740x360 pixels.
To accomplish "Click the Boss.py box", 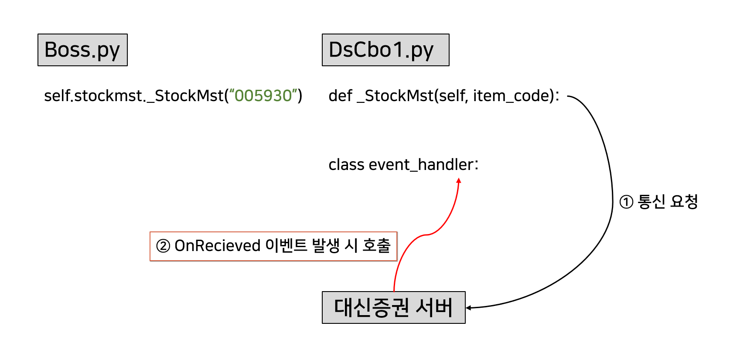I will (x=82, y=50).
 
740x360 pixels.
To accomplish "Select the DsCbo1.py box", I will (x=385, y=50).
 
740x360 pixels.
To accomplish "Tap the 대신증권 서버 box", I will (x=393, y=308).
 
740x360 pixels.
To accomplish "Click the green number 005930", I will (x=263, y=96).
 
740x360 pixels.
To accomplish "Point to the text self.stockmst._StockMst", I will (x=134, y=96).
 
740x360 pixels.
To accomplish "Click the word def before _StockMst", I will (x=340, y=96).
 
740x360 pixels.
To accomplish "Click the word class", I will (x=346, y=165).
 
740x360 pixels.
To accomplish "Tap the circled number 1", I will (x=626, y=202).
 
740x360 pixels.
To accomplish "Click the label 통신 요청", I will (x=668, y=201).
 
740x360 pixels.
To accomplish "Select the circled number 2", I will (x=163, y=246).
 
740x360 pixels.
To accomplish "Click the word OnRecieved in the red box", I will (x=217, y=246).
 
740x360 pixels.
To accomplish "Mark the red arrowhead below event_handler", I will (x=459, y=180).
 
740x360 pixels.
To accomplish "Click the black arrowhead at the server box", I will (x=468, y=308).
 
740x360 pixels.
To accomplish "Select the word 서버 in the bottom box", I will (x=434, y=308).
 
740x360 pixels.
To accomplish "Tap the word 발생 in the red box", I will (x=326, y=246).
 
